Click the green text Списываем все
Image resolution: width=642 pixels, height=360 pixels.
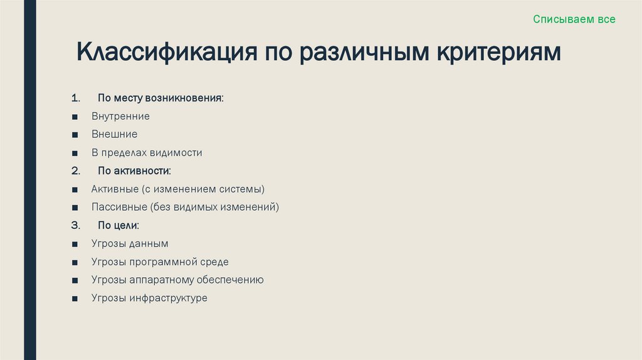574,19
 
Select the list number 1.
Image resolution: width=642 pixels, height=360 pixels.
75,98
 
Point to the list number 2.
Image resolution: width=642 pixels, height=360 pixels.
75,171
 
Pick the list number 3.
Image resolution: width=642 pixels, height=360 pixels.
75,225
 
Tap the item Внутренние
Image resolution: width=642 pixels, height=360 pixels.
120,117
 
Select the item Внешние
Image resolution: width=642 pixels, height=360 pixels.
114,134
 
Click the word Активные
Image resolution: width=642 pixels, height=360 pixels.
115,189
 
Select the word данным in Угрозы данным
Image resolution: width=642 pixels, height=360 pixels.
149,243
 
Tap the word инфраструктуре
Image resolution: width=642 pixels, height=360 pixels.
169,298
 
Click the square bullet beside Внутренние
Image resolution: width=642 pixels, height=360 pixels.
75,117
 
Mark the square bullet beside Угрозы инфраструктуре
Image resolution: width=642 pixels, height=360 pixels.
75,299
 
